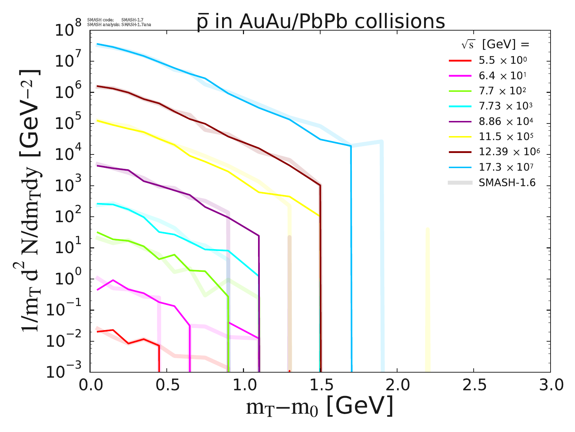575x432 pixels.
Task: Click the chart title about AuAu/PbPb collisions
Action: point(321,22)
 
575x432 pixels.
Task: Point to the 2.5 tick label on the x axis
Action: point(474,386)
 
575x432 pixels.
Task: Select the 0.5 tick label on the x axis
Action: point(167,386)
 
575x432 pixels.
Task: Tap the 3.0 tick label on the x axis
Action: point(550,386)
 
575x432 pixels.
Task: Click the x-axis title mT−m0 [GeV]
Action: point(320,407)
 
